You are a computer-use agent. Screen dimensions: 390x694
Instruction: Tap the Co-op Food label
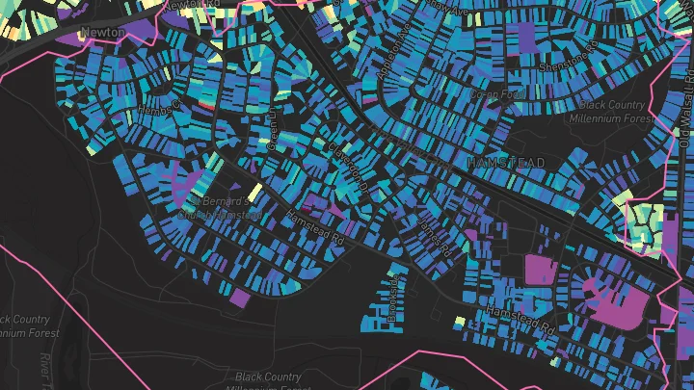pos(493,94)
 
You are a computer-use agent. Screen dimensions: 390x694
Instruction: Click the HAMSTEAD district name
pos(505,163)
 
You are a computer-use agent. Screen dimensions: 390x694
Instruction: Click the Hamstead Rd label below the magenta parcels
pos(520,322)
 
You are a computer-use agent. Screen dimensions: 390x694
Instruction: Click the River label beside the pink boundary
pos(44,366)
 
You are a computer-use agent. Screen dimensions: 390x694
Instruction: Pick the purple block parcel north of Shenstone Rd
pos(526,36)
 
